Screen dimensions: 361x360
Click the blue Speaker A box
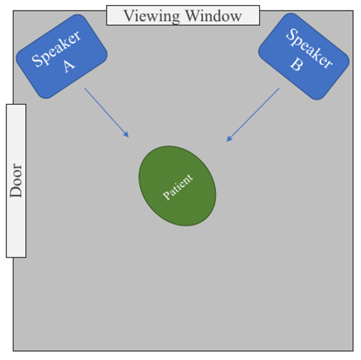(x=62, y=56)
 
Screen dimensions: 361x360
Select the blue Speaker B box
(x=303, y=56)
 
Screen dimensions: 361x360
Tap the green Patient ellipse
(x=177, y=186)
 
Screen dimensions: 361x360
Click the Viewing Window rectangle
(x=183, y=15)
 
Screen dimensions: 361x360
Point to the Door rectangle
(x=16, y=181)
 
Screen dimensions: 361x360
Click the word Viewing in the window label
(x=152, y=16)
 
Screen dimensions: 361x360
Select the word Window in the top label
(x=214, y=16)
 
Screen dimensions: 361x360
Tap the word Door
(x=16, y=181)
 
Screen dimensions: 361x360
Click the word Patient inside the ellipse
(x=178, y=187)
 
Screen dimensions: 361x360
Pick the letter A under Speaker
(x=69, y=65)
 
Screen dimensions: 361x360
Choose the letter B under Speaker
(x=296, y=64)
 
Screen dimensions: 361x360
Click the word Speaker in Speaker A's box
(x=56, y=48)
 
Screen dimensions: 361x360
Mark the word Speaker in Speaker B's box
(x=309, y=48)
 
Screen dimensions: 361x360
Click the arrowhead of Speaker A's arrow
(x=126, y=134)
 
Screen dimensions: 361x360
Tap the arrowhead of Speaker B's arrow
(x=229, y=139)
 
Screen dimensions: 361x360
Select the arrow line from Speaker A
(x=107, y=112)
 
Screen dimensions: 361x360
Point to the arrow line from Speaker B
(x=253, y=115)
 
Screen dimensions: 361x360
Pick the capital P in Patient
(x=166, y=196)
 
